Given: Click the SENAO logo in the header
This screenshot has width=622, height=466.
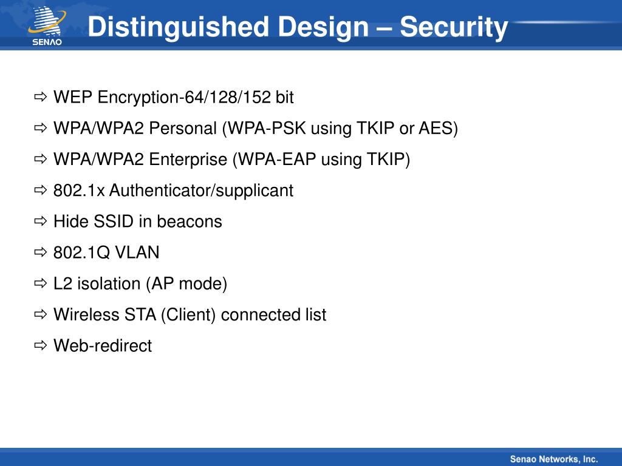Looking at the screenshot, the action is [47, 25].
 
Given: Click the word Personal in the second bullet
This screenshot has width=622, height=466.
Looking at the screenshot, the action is [183, 129].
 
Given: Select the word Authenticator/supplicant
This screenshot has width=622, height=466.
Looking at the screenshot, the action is [201, 191].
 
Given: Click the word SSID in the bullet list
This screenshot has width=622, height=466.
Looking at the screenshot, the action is [114, 221].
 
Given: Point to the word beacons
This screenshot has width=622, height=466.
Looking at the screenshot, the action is [190, 221].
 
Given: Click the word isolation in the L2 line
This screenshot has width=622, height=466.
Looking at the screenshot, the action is [109, 284].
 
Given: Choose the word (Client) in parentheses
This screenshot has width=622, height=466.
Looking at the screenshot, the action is [188, 315].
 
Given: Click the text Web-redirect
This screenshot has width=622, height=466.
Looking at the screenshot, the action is [103, 345].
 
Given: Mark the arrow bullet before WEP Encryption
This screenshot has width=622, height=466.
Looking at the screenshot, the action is [41, 96].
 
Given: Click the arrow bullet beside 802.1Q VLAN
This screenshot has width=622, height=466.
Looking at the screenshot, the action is [41, 252].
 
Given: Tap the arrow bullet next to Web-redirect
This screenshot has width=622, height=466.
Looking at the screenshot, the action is [41, 345].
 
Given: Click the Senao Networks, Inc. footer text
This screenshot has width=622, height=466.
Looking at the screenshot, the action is [554, 459].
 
